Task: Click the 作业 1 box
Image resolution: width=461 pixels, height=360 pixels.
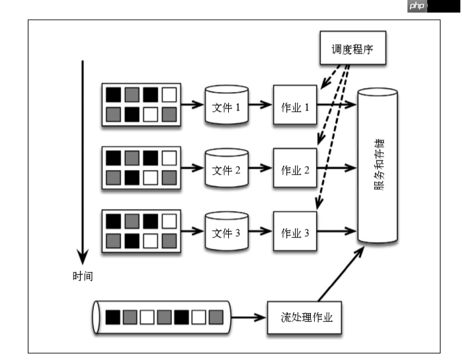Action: (296, 106)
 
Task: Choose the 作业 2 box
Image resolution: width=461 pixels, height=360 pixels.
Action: (296, 169)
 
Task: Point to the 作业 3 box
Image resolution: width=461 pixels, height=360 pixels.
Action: (296, 232)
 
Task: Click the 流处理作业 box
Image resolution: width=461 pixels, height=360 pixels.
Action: (306, 317)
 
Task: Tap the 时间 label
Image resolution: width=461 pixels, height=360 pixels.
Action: (83, 276)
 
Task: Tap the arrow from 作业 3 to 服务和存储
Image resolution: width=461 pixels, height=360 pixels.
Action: (338, 232)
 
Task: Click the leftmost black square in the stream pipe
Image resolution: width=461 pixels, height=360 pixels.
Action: (113, 317)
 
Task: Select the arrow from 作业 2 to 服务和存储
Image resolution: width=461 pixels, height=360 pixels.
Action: (338, 169)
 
